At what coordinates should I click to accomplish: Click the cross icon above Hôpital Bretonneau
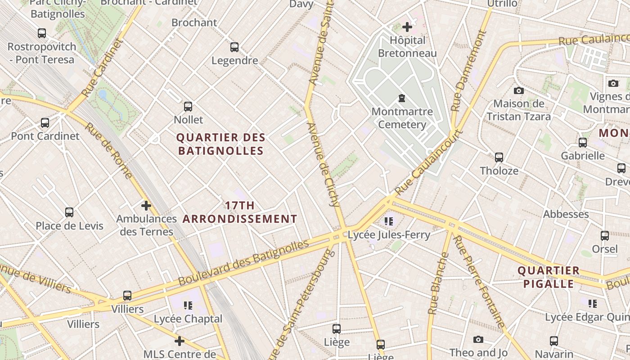coord(407,27)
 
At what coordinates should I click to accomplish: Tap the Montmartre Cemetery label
coord(402,118)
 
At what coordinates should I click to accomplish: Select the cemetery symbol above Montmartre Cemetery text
coord(402,98)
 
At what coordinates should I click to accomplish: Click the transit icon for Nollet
coord(188,107)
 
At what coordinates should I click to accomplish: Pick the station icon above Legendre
coord(234,47)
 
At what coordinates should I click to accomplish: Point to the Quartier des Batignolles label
coord(220,144)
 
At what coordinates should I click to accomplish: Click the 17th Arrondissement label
coord(240,212)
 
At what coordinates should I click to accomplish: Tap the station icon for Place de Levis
coord(69,212)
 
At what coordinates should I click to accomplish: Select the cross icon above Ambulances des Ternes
coord(146,206)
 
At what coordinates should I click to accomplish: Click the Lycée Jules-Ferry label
coord(389,234)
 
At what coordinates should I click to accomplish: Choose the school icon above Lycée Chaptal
coord(188,306)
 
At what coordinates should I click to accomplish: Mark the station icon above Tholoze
coord(499,157)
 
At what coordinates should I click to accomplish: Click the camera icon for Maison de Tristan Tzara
coord(519,90)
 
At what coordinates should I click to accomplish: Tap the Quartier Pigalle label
coord(548,277)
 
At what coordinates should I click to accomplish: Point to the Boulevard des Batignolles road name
coord(243,263)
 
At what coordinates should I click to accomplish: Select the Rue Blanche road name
coord(438,283)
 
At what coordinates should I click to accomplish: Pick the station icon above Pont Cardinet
coord(45,123)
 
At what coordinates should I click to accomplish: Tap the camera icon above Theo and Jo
coord(478,339)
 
